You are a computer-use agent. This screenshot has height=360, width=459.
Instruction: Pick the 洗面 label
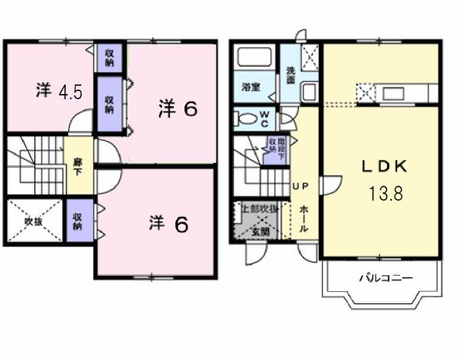tap(291, 75)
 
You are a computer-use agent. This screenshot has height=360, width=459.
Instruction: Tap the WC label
tap(263, 118)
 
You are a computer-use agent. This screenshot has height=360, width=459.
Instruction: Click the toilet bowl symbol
tap(246, 119)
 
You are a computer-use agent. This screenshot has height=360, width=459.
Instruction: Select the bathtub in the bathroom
tap(256, 60)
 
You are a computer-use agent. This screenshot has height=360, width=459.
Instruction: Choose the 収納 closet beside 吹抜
tap(78, 220)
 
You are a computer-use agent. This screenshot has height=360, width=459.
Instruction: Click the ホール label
tap(304, 218)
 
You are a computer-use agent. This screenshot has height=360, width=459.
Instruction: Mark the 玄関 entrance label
tap(261, 232)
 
